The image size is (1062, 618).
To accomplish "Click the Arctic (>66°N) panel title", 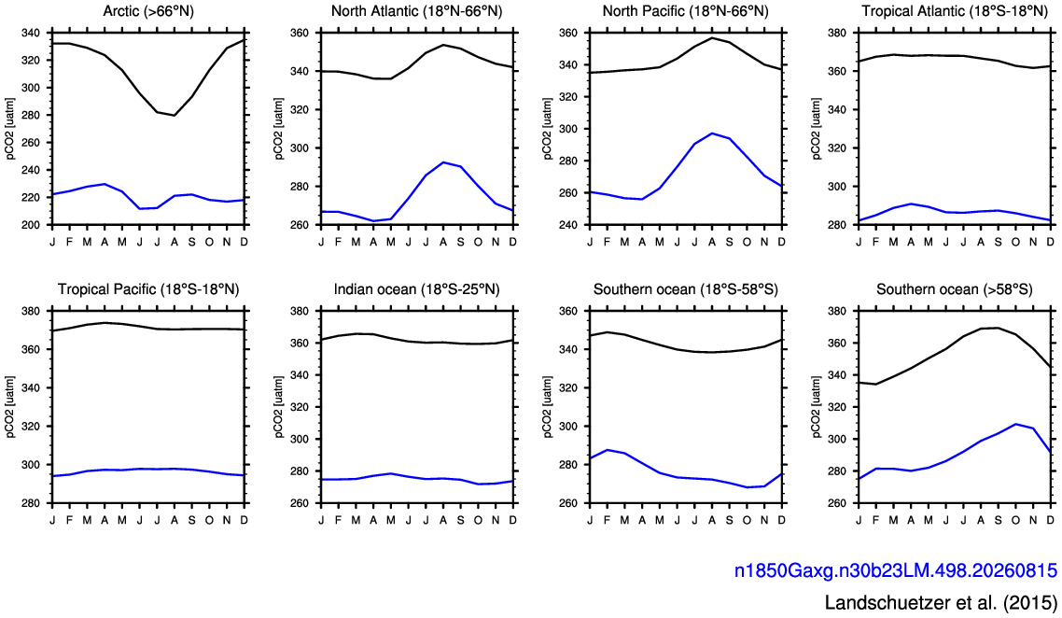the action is (148, 11).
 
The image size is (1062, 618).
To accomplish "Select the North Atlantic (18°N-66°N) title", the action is (416, 11).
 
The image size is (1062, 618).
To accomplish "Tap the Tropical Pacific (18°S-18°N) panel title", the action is (148, 289).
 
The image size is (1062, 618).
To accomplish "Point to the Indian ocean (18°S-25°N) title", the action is (416, 289).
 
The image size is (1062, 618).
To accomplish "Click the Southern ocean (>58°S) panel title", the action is (955, 289).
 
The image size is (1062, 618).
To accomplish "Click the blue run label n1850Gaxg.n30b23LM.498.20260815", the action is (895, 570).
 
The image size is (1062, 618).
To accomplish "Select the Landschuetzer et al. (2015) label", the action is (941, 602).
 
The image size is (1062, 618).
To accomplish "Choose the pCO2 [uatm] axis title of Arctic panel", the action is (11, 129).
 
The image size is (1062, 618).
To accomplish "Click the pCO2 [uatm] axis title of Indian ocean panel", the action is (279, 407).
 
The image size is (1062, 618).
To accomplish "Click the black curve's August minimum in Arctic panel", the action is (175, 115).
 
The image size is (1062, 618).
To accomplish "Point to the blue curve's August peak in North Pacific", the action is (712, 133).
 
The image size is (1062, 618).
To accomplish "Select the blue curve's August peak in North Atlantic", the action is (443, 162).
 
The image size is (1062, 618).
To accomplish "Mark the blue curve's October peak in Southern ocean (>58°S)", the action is (1015, 424).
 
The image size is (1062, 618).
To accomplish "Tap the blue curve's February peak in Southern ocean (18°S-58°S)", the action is (608, 449).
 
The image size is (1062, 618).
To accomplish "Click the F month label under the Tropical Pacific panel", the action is (70, 520).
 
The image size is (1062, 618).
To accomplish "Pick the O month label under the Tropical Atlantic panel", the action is (1015, 242).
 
